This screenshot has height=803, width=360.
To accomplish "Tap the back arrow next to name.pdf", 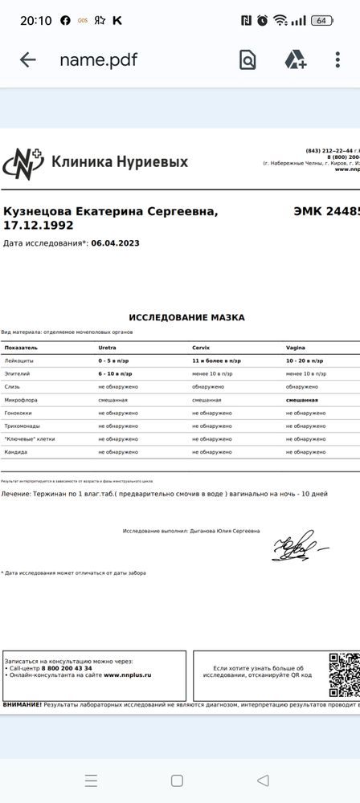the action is (x=28, y=59).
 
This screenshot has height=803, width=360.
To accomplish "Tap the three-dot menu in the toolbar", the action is (x=338, y=59).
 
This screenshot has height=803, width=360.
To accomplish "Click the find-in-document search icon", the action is (x=247, y=59).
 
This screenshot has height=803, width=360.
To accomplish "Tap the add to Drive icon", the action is (x=295, y=59).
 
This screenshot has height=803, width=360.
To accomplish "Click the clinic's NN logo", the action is (x=23, y=162).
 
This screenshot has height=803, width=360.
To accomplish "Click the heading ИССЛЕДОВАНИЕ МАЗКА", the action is (x=186, y=317).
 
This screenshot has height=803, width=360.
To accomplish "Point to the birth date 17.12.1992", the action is (x=39, y=226).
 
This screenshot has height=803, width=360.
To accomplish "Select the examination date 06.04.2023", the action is (x=115, y=242).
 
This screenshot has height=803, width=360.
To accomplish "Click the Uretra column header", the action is (x=108, y=348).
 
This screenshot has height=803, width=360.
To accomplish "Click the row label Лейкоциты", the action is (x=19, y=361).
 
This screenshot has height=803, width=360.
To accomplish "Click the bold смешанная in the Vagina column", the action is (x=302, y=399).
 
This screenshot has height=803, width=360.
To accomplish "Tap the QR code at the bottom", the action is (x=344, y=673).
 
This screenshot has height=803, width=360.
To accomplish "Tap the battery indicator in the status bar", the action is (x=322, y=20).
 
